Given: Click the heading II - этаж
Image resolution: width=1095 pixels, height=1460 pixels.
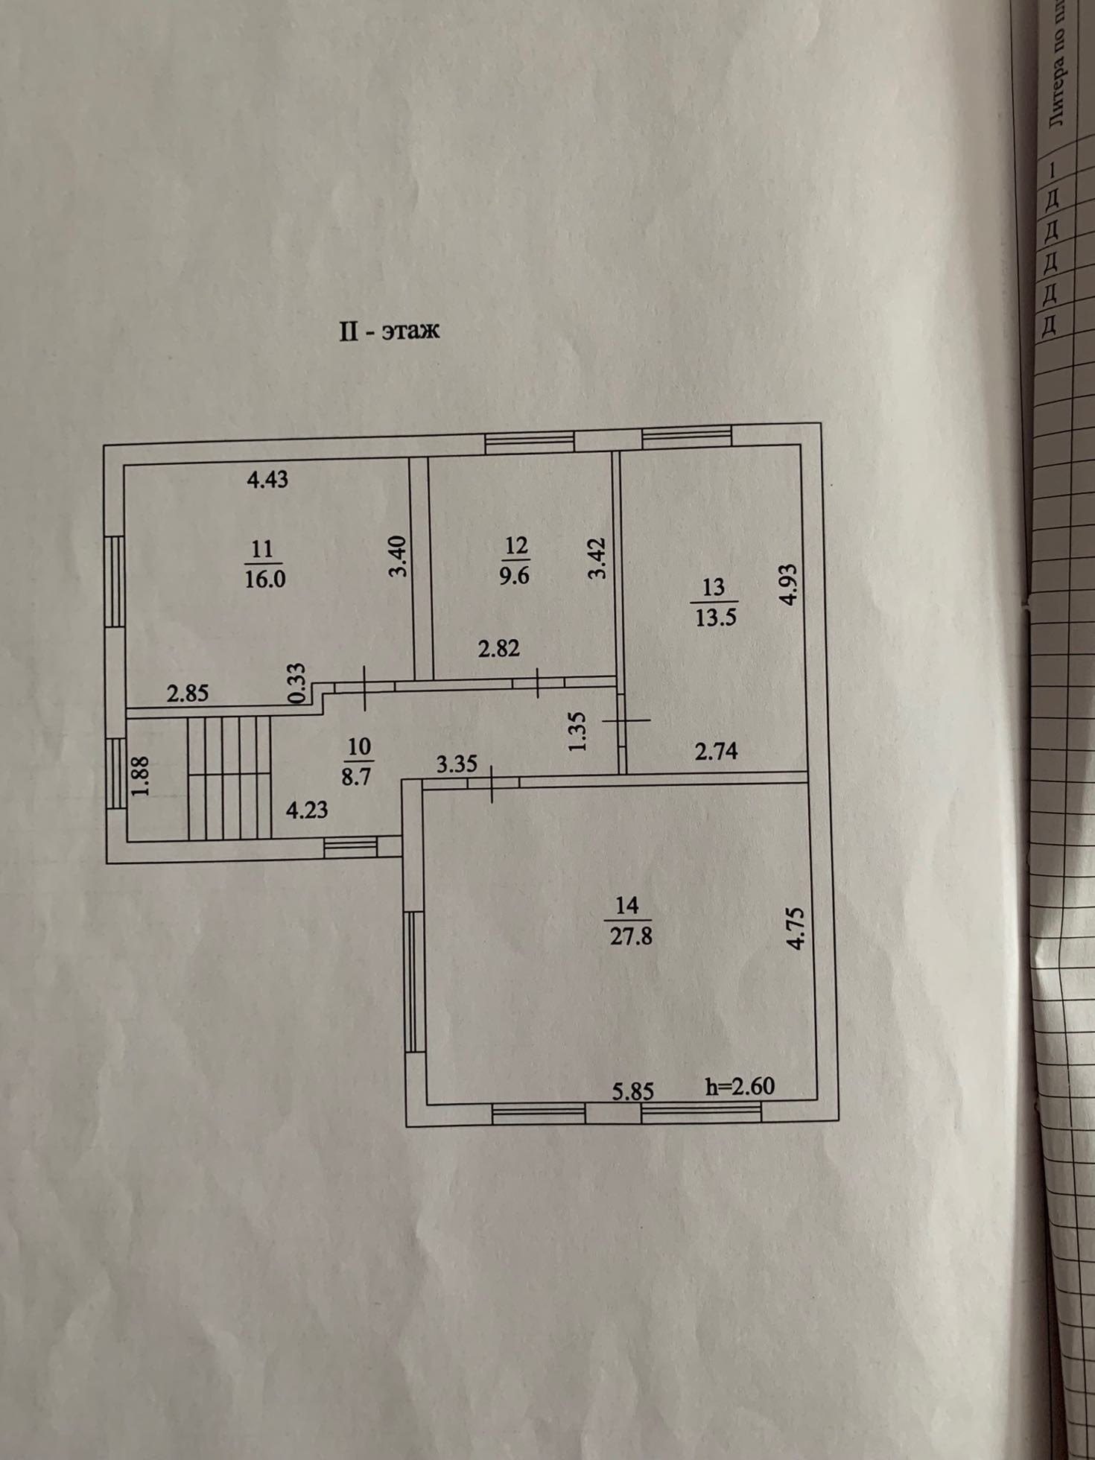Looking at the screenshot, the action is pyautogui.click(x=390, y=330).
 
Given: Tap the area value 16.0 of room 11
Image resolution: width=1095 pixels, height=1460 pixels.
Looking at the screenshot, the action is pyautogui.click(x=265, y=579).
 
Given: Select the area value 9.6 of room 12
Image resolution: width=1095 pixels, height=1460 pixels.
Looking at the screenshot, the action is pyautogui.click(x=514, y=576).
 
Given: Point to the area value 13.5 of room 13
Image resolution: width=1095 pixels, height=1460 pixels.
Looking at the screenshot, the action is pyautogui.click(x=715, y=618).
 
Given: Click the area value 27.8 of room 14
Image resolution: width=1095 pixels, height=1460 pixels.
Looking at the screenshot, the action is pyautogui.click(x=631, y=936).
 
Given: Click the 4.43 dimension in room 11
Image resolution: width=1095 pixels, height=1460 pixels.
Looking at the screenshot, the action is pyautogui.click(x=267, y=480).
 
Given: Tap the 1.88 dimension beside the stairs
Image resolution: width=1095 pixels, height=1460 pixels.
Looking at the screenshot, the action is pyautogui.click(x=141, y=776).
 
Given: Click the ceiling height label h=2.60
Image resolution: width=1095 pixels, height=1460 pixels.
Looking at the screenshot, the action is pyautogui.click(x=740, y=1086).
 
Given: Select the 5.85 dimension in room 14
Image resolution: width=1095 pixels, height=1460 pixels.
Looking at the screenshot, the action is pyautogui.click(x=633, y=1091).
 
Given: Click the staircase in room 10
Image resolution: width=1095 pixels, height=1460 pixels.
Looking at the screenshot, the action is pyautogui.click(x=229, y=778).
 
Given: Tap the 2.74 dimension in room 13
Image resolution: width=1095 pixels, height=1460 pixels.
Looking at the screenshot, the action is pyautogui.click(x=716, y=752).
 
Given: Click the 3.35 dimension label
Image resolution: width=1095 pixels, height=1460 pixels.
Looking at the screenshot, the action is pyautogui.click(x=457, y=765).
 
